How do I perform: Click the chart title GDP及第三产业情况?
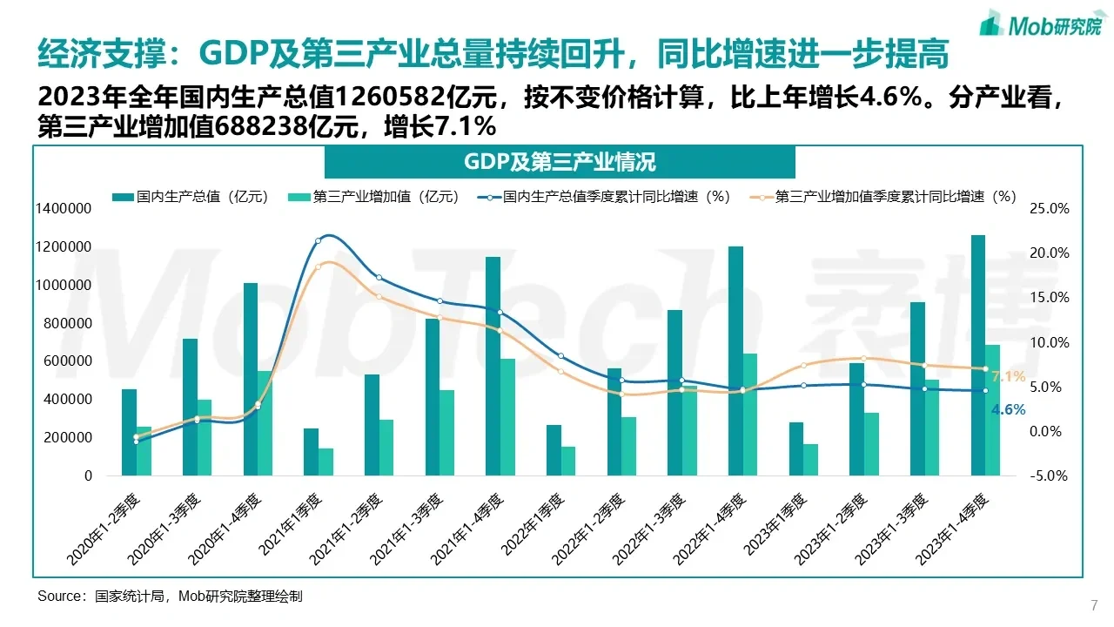point(560,162)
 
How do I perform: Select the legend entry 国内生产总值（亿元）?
point(189,197)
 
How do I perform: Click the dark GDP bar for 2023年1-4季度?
point(978,355)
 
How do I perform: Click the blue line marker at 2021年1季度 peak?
point(318,240)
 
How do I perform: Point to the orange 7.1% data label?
point(1008,377)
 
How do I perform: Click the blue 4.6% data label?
point(1008,409)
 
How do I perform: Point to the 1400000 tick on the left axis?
point(64,209)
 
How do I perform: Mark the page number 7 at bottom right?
point(1093,605)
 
